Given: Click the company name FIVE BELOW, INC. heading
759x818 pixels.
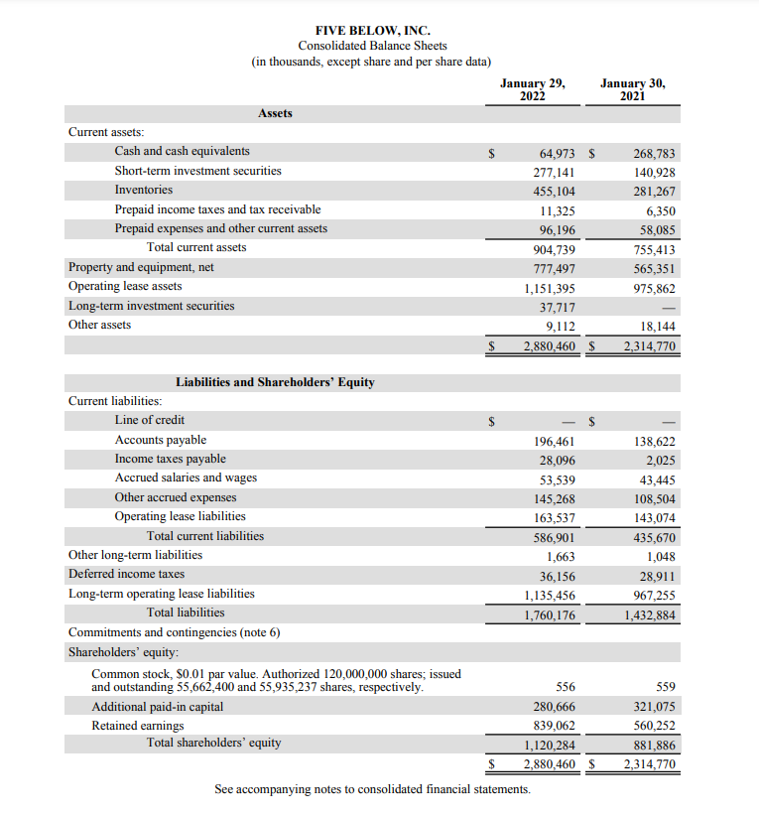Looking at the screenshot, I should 372,31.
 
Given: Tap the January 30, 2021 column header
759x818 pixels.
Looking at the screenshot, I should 633,90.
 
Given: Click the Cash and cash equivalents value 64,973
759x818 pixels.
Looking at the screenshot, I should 555,153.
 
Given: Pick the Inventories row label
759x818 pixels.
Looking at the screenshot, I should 143,190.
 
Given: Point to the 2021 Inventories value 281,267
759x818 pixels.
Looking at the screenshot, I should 653,192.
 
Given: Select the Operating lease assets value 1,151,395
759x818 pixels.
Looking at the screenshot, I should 550,289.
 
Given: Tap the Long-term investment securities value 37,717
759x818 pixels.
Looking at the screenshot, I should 554,308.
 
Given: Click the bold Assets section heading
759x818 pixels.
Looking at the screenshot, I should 275,113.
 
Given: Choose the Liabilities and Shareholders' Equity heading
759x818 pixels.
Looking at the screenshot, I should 275,382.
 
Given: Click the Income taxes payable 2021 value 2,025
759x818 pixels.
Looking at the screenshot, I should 660,460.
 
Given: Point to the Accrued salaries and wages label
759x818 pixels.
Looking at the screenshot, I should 186,477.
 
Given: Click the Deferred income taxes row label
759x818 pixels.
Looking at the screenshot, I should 126,574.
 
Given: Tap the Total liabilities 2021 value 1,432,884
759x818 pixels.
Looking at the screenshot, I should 649,615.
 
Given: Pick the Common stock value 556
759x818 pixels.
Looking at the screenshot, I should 564,687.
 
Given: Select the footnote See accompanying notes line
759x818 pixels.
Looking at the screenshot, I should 372,789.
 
